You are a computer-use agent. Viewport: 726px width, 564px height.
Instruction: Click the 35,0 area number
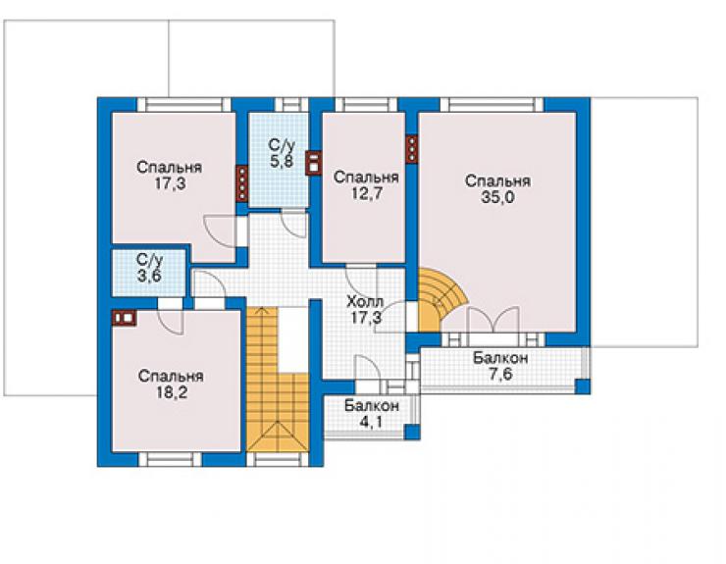point(497,198)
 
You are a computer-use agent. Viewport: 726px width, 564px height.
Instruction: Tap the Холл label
point(365,302)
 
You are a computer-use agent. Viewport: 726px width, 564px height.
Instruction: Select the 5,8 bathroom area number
point(282,161)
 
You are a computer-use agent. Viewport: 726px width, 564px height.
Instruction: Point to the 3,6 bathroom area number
point(149,276)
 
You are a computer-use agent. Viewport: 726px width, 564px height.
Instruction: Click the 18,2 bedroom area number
point(171,392)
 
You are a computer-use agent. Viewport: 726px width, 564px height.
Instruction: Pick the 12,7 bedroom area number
point(366,193)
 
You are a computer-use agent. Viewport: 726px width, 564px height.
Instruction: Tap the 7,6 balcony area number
point(500,374)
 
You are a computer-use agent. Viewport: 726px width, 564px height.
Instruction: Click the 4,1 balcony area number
point(371,422)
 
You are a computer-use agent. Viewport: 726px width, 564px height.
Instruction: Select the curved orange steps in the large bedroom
point(440,300)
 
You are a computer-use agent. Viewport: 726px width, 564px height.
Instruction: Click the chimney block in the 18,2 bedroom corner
point(124,318)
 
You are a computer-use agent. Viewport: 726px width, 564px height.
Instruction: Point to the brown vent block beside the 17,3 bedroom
point(242,183)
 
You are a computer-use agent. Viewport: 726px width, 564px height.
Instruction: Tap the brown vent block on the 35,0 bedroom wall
point(412,149)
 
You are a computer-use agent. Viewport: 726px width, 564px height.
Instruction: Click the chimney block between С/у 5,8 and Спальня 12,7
point(314,163)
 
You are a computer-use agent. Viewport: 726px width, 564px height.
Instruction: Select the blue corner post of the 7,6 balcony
point(583,386)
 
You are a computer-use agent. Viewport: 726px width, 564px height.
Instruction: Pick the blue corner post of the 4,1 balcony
point(412,432)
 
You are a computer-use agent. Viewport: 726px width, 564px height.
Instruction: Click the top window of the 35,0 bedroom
point(492,105)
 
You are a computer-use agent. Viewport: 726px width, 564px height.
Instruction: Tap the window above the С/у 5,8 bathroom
point(290,105)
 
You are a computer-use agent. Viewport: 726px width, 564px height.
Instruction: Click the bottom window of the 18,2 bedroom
point(171,459)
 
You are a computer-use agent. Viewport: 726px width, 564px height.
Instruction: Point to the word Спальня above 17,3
point(169,167)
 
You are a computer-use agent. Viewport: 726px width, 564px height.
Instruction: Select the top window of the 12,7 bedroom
point(366,105)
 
